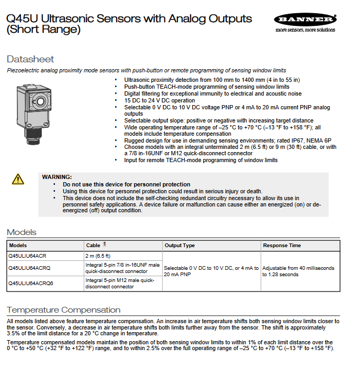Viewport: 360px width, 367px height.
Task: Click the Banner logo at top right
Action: (305, 20)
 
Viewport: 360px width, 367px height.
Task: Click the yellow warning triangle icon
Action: (18, 180)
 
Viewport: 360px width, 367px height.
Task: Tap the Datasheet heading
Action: (30, 59)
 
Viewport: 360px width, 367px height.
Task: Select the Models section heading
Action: (22, 232)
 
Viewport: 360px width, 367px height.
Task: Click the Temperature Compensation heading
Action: (63, 310)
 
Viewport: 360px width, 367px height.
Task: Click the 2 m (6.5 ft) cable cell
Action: (98, 256)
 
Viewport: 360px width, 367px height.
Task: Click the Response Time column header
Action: (282, 246)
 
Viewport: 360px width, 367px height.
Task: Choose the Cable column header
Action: (93, 246)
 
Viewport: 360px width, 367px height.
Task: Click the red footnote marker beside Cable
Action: (105, 244)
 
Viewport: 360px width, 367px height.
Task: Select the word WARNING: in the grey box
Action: (57, 177)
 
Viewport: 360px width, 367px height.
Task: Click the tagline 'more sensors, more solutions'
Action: (305, 30)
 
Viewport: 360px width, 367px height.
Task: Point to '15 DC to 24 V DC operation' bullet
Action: (159, 100)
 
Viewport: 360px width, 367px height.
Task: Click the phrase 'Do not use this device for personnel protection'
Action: (127, 184)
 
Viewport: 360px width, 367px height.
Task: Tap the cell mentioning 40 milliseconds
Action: (298, 271)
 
